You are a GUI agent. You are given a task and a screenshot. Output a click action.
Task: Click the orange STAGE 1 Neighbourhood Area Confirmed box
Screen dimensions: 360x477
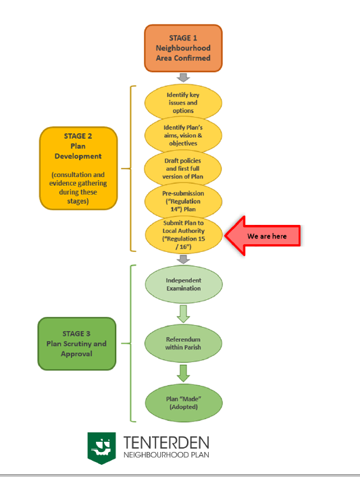[x=183, y=49]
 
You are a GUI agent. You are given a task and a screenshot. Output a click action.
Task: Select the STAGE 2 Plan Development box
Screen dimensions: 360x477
[x=78, y=168]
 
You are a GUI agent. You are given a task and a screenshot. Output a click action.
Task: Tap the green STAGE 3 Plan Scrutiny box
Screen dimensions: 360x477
[x=77, y=344]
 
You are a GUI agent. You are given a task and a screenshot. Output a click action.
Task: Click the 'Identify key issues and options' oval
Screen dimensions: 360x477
[x=183, y=103]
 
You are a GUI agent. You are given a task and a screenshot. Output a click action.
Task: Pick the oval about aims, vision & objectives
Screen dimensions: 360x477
[x=183, y=135]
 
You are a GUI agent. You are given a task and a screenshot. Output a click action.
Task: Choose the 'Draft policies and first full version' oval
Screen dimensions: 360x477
[x=183, y=168]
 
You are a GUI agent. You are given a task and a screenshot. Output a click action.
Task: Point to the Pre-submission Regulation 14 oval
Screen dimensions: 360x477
[x=183, y=201]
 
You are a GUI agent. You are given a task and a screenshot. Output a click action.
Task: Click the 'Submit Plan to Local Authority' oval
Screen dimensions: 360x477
[x=184, y=235]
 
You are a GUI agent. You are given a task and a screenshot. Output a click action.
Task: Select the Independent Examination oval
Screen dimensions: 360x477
[x=184, y=284]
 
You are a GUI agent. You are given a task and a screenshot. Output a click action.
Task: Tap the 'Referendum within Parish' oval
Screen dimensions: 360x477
[x=183, y=343]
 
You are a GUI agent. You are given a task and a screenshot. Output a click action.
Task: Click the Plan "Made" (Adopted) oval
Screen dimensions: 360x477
[x=184, y=403]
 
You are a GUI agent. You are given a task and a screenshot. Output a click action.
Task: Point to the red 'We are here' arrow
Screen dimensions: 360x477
[x=263, y=236]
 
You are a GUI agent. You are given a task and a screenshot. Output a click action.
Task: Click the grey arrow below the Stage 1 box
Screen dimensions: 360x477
[x=183, y=77]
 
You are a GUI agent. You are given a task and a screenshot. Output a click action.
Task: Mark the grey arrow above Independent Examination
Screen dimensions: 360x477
[x=183, y=259]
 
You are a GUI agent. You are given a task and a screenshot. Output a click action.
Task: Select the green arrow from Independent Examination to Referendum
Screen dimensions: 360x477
[x=183, y=314]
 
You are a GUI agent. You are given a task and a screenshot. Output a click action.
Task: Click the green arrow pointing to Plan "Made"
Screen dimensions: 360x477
[x=183, y=373]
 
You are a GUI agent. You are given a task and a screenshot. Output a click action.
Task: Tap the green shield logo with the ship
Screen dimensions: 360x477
[x=101, y=448]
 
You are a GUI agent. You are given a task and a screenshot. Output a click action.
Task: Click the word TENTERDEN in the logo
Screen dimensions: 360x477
[x=166, y=443]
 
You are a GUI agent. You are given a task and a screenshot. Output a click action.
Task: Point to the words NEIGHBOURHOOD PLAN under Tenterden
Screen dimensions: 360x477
[x=166, y=455]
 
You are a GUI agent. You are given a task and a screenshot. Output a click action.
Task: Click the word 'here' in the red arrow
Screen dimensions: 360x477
[x=280, y=236]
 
